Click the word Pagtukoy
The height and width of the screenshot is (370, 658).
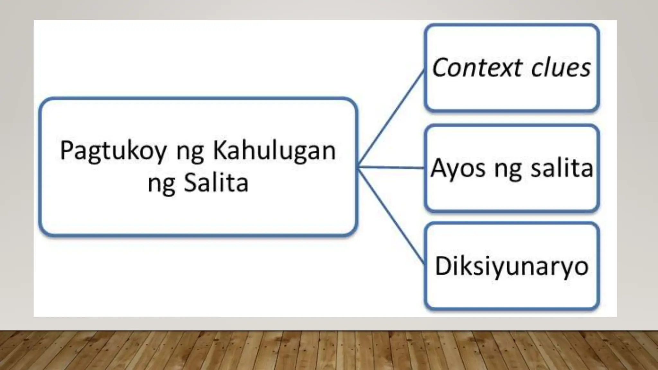[113, 151]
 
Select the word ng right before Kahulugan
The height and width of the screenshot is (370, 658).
[190, 153]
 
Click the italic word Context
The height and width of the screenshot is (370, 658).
[476, 68]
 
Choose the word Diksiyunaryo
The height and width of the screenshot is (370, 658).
[511, 267]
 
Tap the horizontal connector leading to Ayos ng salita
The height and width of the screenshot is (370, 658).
[391, 167]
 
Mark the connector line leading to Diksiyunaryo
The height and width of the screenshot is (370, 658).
[391, 215]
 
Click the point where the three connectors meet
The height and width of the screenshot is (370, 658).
[358, 167]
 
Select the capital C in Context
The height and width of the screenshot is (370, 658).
[441, 68]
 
